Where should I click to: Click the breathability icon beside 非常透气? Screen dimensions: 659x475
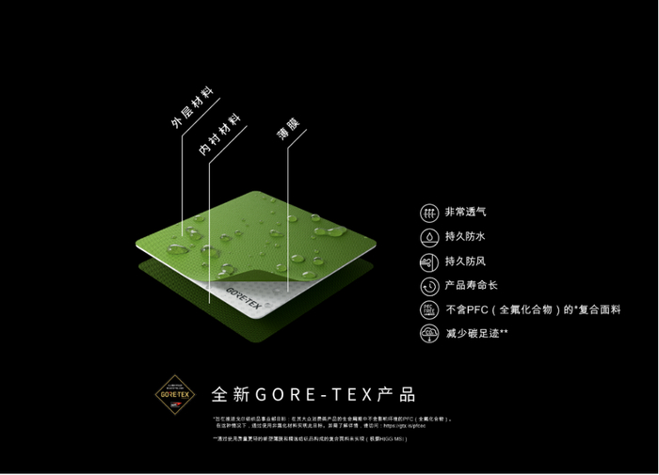(x=428, y=213)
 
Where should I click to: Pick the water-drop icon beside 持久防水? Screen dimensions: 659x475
(x=428, y=237)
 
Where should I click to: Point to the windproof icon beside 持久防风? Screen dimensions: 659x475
(x=428, y=261)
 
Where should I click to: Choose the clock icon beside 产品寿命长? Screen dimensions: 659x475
(x=428, y=285)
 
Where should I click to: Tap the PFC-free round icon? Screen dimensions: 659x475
(x=428, y=309)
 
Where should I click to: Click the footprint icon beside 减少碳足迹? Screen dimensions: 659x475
(x=428, y=333)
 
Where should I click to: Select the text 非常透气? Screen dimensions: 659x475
(x=465, y=213)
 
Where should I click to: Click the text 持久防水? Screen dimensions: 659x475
(x=465, y=237)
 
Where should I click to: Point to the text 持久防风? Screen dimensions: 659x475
(x=465, y=261)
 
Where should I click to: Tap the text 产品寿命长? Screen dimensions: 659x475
(x=471, y=285)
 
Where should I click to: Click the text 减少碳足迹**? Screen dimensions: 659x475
(x=476, y=333)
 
